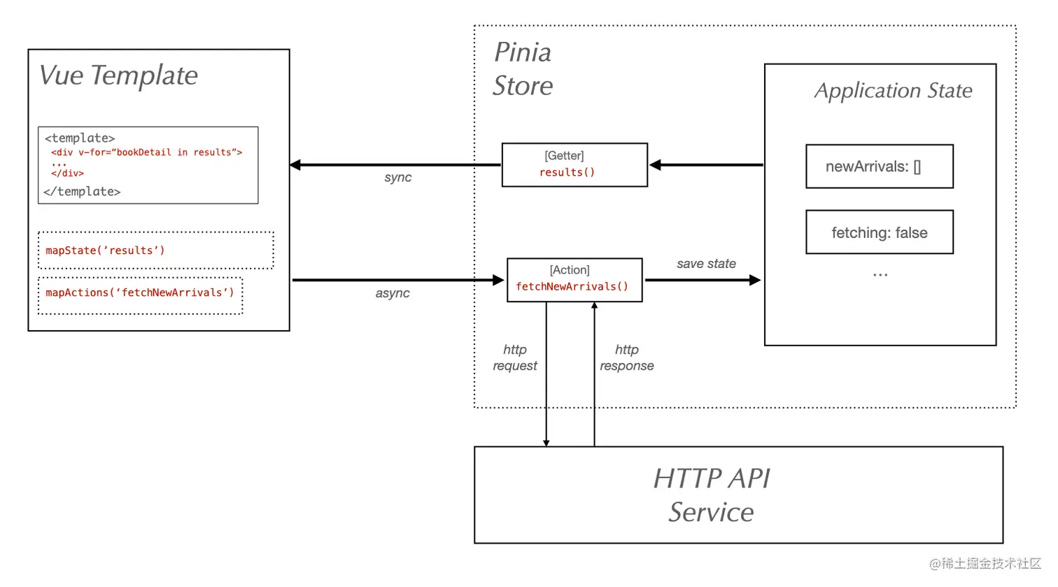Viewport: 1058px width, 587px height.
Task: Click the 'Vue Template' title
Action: click(x=118, y=76)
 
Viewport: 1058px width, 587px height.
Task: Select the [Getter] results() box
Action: click(x=574, y=165)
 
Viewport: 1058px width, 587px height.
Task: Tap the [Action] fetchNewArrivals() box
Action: click(x=574, y=280)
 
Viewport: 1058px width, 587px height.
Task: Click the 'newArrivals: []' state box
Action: click(x=879, y=167)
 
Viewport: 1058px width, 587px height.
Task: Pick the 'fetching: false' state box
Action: click(x=879, y=233)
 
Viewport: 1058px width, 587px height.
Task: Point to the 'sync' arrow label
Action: click(x=397, y=178)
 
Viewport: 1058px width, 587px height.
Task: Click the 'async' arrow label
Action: click(x=392, y=293)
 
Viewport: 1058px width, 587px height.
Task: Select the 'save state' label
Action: click(x=705, y=264)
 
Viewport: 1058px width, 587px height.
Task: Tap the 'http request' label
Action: click(x=514, y=358)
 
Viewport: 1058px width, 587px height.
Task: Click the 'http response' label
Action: click(x=626, y=358)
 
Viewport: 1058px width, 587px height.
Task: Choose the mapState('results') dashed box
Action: click(x=155, y=250)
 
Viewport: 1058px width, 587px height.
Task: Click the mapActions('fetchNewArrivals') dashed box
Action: click(x=140, y=293)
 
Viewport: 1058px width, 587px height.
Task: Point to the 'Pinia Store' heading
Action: click(x=523, y=69)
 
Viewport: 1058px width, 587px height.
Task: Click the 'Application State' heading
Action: click(x=893, y=91)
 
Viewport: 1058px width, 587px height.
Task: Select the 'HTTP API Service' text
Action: click(x=711, y=495)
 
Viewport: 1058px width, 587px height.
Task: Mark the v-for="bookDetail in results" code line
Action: click(x=146, y=153)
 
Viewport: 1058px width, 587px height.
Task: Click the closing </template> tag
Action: click(x=82, y=192)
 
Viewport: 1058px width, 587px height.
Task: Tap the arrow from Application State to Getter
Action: click(x=706, y=165)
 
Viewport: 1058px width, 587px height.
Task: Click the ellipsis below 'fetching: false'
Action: click(x=880, y=275)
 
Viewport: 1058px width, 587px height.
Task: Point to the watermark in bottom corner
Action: click(x=985, y=564)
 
